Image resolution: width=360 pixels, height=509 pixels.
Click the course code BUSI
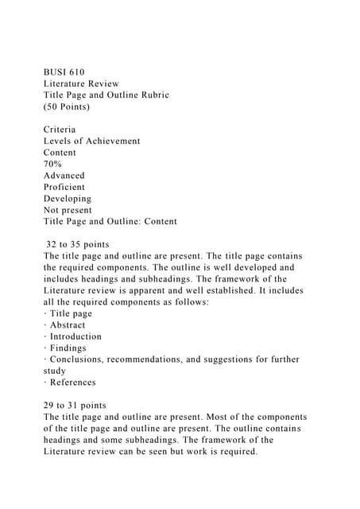click(56, 72)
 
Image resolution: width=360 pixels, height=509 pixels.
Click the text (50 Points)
click(67, 106)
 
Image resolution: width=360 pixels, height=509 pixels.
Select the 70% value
click(53, 164)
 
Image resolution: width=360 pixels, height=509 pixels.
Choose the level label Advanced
click(64, 175)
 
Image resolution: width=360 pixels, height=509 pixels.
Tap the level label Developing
click(68, 198)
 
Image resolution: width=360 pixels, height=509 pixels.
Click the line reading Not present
click(68, 210)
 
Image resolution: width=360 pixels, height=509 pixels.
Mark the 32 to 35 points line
click(78, 244)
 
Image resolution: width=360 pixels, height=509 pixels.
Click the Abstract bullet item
click(67, 324)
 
